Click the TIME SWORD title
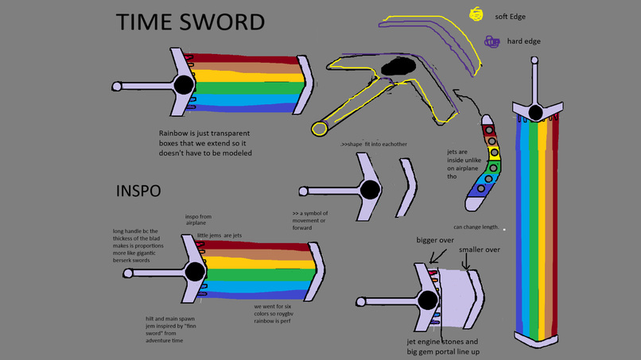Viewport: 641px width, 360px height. coord(190,22)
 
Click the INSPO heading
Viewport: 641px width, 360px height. coord(138,192)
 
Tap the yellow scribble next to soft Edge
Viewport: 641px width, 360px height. coord(476,14)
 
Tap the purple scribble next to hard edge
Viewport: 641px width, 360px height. coord(492,41)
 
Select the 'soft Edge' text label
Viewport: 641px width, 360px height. coord(510,17)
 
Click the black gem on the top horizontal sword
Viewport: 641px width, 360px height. coord(184,83)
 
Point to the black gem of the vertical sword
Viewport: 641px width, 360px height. coord(536,112)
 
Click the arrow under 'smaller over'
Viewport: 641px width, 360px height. coord(466,262)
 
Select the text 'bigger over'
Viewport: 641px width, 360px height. coord(435,240)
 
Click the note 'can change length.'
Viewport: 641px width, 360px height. coord(476,227)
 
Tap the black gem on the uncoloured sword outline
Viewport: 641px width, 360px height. coord(370,190)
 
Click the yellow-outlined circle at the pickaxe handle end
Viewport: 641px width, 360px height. coord(320,128)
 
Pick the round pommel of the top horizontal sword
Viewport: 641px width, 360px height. coord(117,86)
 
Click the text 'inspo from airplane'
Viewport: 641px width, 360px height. coord(198,219)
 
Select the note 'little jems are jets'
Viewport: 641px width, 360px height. coord(219,235)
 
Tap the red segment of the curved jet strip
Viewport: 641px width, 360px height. coord(489,130)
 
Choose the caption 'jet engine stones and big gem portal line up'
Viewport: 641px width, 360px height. coord(442,346)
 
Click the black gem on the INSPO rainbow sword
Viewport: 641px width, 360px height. coord(195,272)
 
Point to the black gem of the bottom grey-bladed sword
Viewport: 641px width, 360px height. coord(427,300)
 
